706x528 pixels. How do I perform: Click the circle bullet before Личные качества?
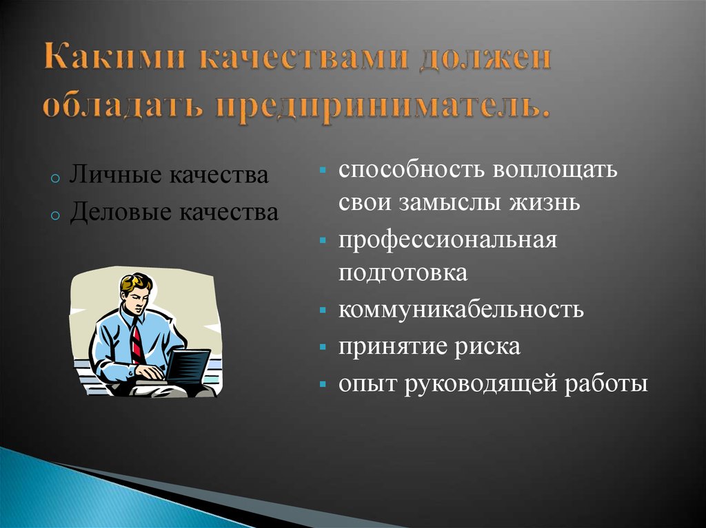(55, 178)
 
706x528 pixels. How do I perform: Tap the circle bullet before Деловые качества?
(55, 215)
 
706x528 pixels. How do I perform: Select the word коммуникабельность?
(461, 309)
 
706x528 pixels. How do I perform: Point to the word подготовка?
(403, 273)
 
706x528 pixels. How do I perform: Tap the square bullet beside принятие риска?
(323, 347)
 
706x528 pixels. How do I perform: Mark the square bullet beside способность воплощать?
(323, 171)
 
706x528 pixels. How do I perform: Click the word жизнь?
(545, 202)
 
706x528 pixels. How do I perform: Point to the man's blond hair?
(136, 282)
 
